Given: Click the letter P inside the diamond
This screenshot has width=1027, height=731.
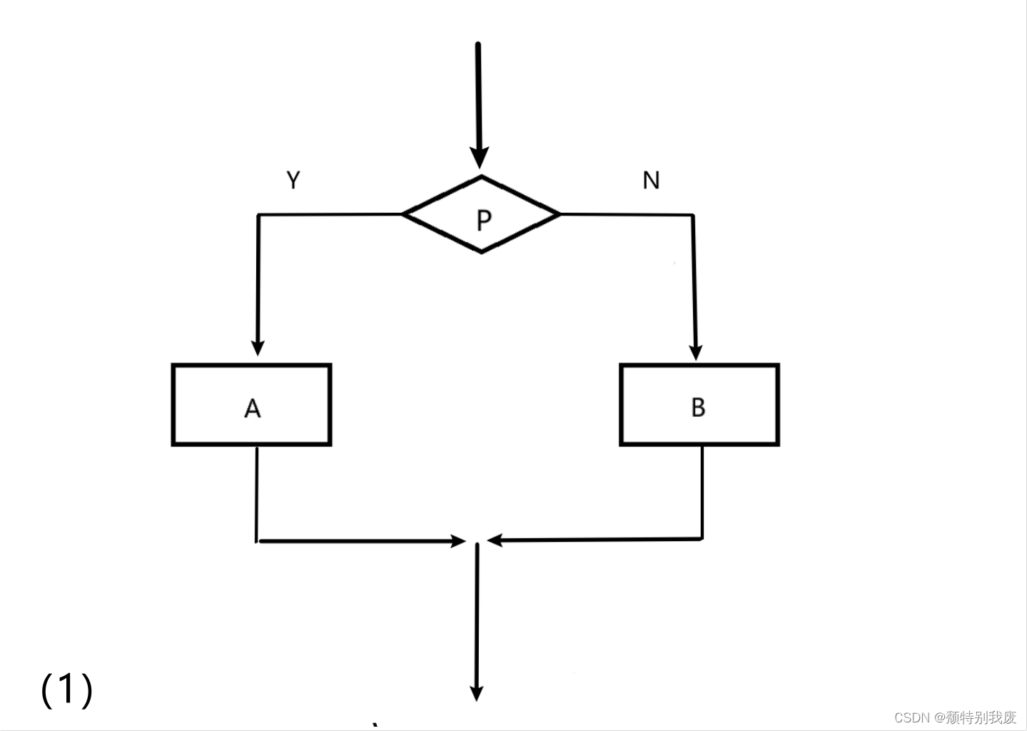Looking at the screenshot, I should coord(483,220).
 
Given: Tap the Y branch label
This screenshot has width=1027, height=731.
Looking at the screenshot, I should coord(293,180).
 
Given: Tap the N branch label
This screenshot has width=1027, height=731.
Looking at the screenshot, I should coord(651,180).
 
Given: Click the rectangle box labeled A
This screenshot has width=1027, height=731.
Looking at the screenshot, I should coord(214,405).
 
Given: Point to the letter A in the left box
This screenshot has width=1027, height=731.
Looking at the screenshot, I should coord(252,408).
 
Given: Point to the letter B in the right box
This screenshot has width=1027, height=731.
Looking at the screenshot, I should coord(698,407).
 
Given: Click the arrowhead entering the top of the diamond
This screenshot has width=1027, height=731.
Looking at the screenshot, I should coord(480,158).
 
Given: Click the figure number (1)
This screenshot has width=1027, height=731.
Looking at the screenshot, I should coord(66,689).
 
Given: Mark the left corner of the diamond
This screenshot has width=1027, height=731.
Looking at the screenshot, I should coord(405,213).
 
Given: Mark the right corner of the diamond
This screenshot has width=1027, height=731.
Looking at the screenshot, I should coord(559,213).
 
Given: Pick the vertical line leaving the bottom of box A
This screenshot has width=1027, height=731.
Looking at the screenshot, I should coord(257,493).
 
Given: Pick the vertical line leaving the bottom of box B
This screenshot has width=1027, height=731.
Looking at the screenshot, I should coord(702,493).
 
